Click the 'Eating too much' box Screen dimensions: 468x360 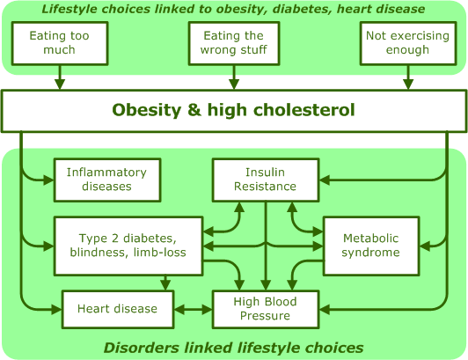60,43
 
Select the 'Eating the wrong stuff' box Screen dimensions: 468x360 234,43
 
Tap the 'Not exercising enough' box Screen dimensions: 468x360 408,43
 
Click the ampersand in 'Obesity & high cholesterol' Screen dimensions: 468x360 194,110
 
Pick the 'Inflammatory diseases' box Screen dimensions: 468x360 107,180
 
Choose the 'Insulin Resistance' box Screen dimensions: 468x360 266,180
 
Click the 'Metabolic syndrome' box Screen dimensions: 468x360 371,246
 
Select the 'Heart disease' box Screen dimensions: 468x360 118,309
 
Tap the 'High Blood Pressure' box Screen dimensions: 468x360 266,309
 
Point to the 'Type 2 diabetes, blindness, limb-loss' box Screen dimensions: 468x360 128,246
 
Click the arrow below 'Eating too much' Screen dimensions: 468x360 60,77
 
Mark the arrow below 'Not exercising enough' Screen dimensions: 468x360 408,77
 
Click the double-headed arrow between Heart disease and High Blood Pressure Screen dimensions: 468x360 193,309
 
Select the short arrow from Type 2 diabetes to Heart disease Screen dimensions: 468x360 165,283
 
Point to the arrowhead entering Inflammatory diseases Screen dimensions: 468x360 48,180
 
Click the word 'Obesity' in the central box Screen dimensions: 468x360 147,110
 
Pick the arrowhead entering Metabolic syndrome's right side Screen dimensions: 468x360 425,246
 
